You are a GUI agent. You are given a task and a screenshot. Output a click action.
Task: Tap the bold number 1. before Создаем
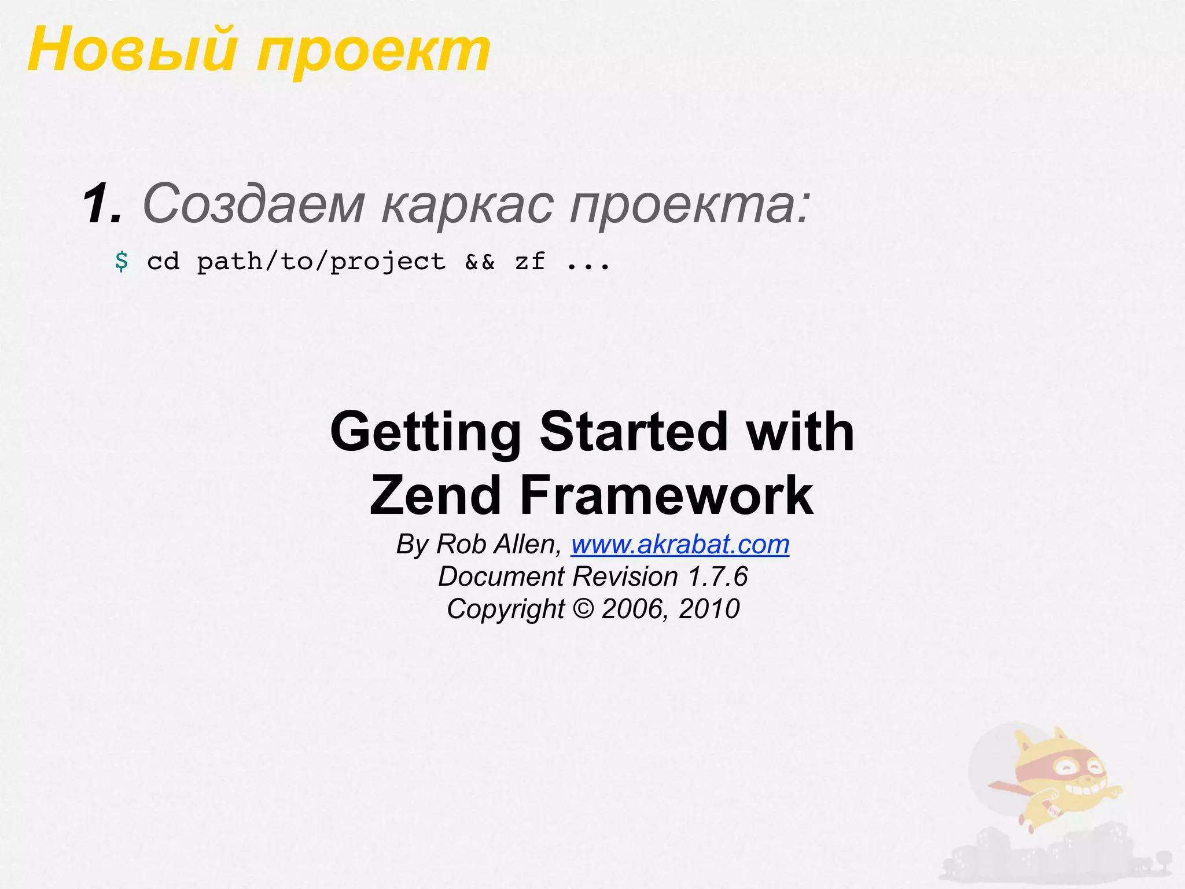pyautogui.click(x=102, y=204)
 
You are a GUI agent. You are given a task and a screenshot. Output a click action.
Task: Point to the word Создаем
pyautogui.click(x=253, y=204)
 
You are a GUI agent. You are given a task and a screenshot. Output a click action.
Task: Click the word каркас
pyautogui.click(x=468, y=205)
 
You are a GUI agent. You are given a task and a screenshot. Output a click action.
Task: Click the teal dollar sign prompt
pyautogui.click(x=122, y=262)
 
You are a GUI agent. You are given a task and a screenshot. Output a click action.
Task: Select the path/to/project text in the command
pyautogui.click(x=321, y=262)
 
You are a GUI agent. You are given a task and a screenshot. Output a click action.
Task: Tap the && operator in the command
pyautogui.click(x=480, y=262)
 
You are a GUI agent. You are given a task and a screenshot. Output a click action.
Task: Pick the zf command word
pyautogui.click(x=529, y=262)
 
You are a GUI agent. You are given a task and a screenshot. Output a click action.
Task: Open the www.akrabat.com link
pyautogui.click(x=680, y=545)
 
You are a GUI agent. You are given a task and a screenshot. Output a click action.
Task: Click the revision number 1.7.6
pyautogui.click(x=717, y=577)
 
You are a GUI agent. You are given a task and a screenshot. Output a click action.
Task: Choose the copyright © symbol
pyautogui.click(x=583, y=609)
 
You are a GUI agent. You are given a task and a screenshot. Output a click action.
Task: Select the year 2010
pyautogui.click(x=709, y=609)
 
